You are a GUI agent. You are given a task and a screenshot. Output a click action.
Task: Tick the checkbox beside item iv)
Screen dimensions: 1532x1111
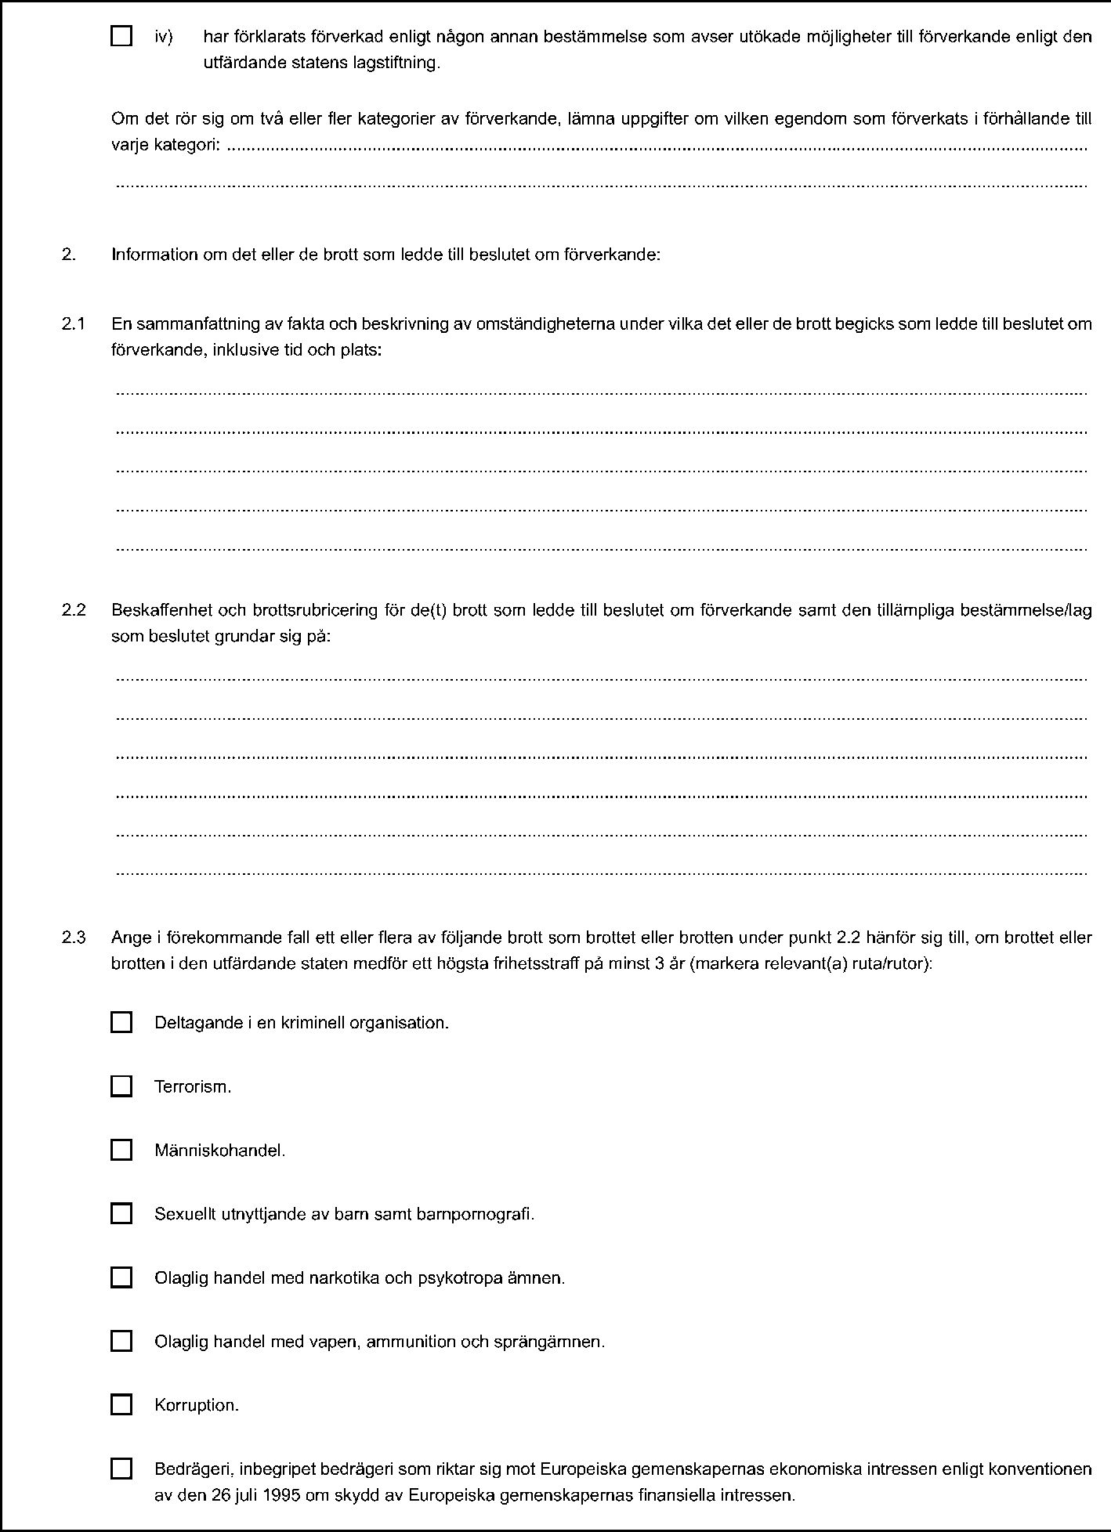[121, 36]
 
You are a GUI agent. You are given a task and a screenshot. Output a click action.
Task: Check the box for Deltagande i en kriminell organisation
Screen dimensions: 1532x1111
[121, 1022]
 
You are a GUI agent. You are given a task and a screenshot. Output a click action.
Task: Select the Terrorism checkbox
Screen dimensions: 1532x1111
[121, 1086]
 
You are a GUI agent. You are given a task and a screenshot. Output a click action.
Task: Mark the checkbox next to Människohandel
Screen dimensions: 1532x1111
[121, 1150]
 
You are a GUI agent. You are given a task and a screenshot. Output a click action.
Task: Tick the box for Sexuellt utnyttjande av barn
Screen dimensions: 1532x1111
[121, 1214]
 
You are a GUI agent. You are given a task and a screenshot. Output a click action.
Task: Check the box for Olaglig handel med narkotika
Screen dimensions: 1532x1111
[121, 1277]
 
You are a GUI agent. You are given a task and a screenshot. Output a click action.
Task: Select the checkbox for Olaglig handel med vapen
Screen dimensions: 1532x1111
[121, 1341]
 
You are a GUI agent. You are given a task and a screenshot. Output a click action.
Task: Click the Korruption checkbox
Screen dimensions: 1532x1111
[121, 1405]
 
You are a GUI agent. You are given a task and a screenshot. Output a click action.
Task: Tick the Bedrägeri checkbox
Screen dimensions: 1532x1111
[121, 1469]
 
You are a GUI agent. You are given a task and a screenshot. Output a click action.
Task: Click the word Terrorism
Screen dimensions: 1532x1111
[192, 1087]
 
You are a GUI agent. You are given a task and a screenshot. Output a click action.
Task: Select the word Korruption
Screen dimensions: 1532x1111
[196, 1406]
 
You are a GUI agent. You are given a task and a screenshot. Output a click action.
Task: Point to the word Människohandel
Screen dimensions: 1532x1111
[219, 1151]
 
